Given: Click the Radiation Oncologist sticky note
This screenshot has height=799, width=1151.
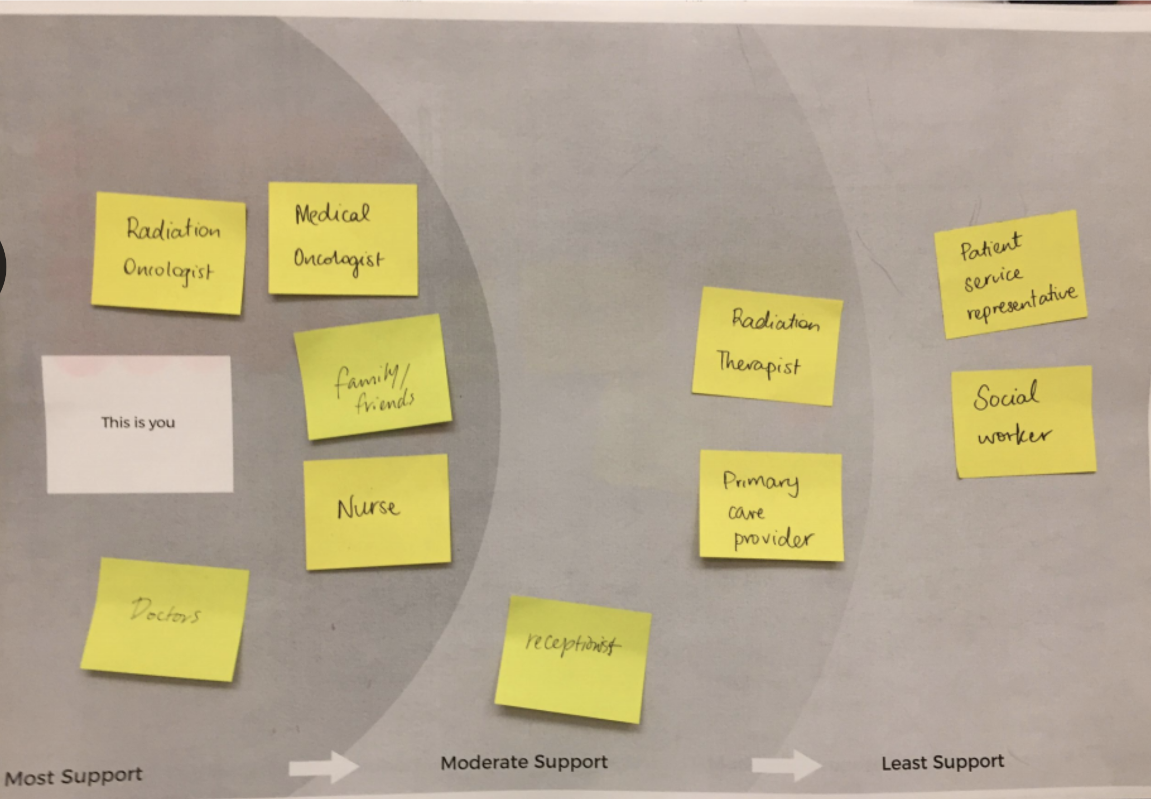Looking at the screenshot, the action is coord(168,253).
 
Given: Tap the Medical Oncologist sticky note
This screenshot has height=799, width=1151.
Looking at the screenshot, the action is coord(343,238).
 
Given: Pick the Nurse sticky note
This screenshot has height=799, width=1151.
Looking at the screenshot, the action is coord(377,511).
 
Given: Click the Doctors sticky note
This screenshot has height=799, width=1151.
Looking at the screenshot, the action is coord(165,619).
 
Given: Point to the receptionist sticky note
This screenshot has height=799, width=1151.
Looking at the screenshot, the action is coord(573,659).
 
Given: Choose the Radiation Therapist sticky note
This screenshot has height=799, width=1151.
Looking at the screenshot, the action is coord(767,345).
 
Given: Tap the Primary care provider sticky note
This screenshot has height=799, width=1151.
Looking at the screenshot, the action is coord(771,506).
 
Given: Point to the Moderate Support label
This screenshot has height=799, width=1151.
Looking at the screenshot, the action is coord(524,762).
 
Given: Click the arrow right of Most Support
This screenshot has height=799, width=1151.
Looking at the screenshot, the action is coord(323,767).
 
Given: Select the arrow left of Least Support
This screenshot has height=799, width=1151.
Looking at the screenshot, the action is coord(786,765).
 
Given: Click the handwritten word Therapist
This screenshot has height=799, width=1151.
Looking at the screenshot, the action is coord(759,364).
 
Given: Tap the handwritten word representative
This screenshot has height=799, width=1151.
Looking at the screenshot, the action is coord(1021,304).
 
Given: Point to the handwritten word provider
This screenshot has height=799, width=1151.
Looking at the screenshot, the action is coord(772,539).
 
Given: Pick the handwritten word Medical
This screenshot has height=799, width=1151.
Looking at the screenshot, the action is coord(332,214).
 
